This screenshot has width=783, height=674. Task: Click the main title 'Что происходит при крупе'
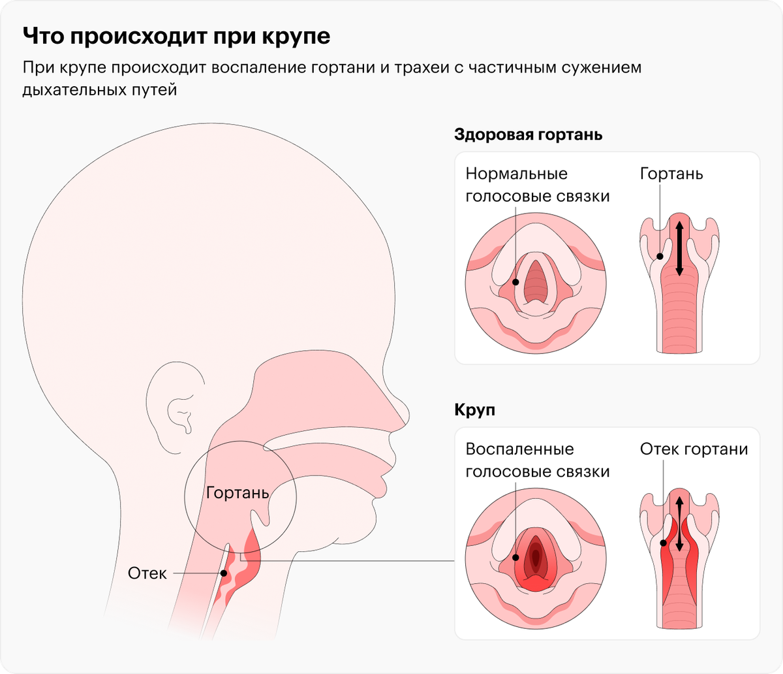pyautogui.click(x=177, y=37)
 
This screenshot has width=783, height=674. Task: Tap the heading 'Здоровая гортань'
pyautogui.click(x=528, y=135)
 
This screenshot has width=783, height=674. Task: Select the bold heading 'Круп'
pyautogui.click(x=474, y=409)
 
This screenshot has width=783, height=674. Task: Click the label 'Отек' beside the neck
pyautogui.click(x=147, y=573)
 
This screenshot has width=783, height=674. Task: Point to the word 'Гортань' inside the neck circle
pyautogui.click(x=238, y=492)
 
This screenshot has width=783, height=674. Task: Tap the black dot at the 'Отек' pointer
pyautogui.click(x=224, y=573)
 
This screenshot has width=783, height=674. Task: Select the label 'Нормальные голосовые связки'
pyautogui.click(x=537, y=185)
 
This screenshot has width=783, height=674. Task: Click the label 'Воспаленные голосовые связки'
pyautogui.click(x=537, y=460)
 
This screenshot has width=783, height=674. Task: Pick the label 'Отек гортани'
pyautogui.click(x=694, y=449)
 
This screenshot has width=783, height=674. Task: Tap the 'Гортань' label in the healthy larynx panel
pyautogui.click(x=671, y=174)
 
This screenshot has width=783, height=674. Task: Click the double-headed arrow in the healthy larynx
pyautogui.click(x=679, y=248)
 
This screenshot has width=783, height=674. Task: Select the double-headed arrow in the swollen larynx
pyautogui.click(x=679, y=524)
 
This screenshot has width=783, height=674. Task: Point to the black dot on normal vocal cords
pyautogui.click(x=515, y=282)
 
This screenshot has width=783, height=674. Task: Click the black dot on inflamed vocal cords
pyautogui.click(x=515, y=558)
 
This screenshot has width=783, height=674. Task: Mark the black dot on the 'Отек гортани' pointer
pyautogui.click(x=664, y=543)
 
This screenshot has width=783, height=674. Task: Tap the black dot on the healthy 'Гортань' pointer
pyautogui.click(x=660, y=256)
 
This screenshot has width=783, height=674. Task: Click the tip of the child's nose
pyautogui.click(x=408, y=416)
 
